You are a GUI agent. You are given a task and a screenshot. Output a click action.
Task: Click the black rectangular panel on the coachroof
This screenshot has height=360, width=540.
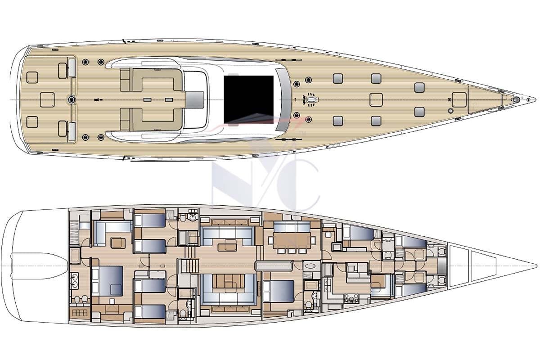pyautogui.click(x=248, y=99)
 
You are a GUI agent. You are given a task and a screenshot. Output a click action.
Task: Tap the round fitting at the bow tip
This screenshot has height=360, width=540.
pyautogui.click(x=522, y=99)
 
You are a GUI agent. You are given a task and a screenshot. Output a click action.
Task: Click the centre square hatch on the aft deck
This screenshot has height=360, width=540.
pyautogui.click(x=47, y=99)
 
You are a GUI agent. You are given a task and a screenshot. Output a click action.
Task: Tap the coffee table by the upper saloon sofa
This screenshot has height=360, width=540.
pyautogui.click(x=227, y=246)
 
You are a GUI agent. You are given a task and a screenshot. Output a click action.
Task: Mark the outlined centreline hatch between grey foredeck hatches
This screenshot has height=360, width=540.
pyautogui.click(x=376, y=99)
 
